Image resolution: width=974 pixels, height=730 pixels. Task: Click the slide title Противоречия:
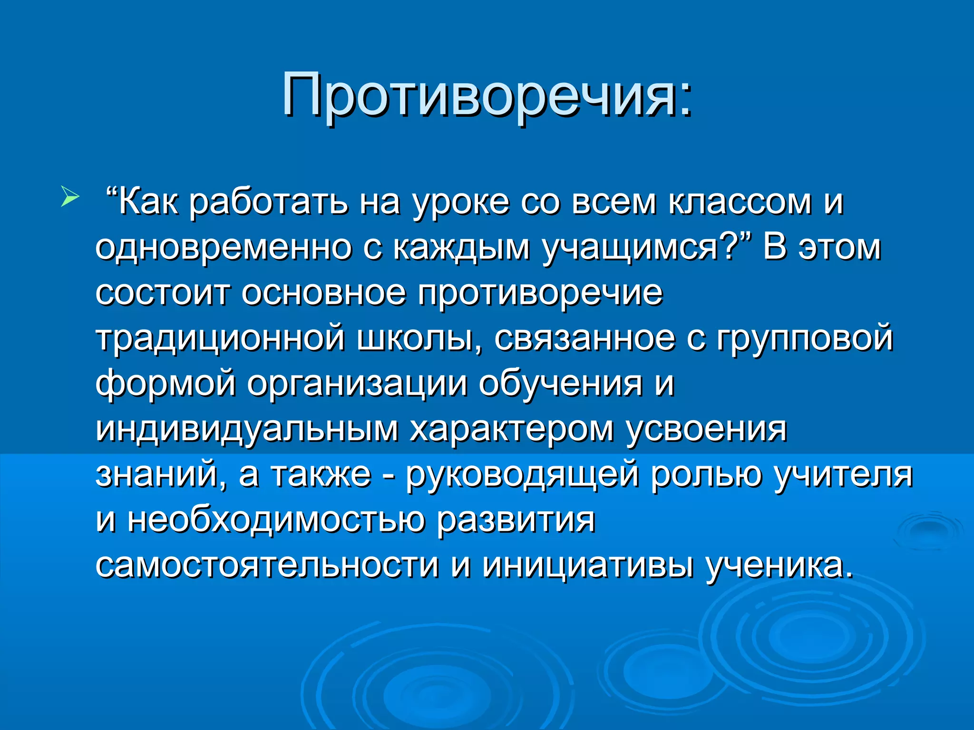(x=487, y=95)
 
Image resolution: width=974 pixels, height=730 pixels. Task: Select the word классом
(x=740, y=203)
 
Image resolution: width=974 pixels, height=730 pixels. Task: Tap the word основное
(x=323, y=293)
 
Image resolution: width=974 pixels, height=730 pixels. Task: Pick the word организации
(x=357, y=384)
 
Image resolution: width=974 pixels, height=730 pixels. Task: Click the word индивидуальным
(x=247, y=430)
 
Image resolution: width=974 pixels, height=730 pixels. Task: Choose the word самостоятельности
(x=267, y=566)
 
